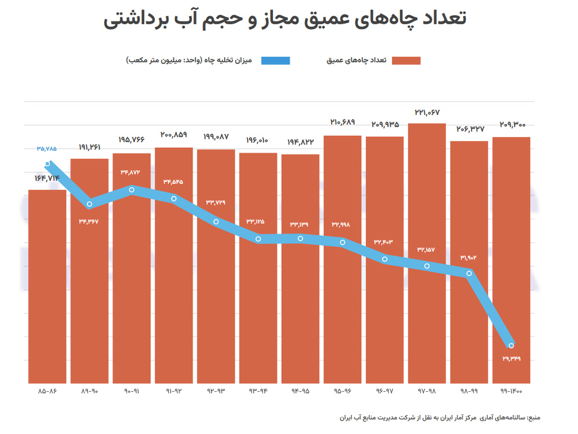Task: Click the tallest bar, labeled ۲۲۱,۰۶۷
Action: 427,254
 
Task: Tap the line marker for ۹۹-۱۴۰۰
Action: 511,346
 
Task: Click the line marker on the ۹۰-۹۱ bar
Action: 132,189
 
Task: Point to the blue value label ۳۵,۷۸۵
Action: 47,149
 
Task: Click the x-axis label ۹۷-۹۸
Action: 427,392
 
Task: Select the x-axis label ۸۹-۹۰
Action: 89,392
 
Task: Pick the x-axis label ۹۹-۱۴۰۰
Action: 512,392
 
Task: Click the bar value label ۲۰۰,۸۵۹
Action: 173,135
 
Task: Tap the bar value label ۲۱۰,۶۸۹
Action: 342,123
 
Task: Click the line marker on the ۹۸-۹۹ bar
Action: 469,273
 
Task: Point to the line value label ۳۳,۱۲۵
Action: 258,221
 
